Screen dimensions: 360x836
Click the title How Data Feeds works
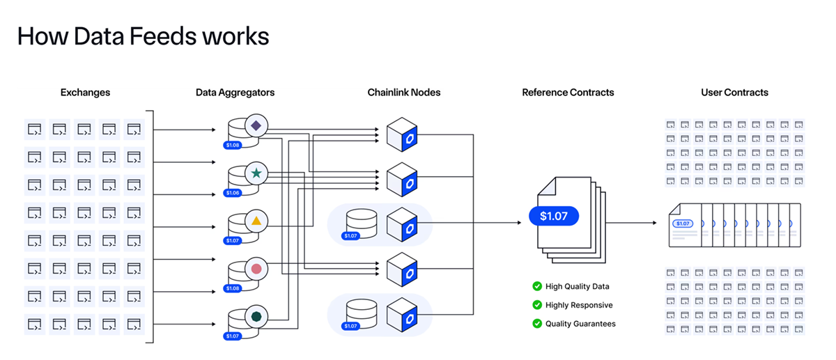coord(143,36)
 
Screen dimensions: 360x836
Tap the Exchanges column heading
coord(85,92)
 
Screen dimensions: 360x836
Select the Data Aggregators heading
coord(235,92)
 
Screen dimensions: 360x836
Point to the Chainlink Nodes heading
coord(404,92)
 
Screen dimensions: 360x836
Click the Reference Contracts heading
coord(568,92)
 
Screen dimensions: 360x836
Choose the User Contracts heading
coord(734,92)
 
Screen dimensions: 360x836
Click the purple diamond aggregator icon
coord(256,126)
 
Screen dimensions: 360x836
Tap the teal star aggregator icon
coord(256,173)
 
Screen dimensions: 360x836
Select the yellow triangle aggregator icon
coord(256,221)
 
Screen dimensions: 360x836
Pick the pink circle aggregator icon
coord(256,268)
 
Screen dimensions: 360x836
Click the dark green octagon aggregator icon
coord(256,316)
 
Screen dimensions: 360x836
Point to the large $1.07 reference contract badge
coord(553,216)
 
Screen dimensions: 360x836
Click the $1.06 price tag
coord(233,193)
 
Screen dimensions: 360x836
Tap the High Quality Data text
coord(577,286)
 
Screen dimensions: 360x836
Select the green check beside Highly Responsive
coord(537,305)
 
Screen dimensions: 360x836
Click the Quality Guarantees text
coord(580,324)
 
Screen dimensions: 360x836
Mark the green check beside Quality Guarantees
coord(537,324)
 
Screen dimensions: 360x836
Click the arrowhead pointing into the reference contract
coord(519,223)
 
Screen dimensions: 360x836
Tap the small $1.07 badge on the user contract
coord(682,224)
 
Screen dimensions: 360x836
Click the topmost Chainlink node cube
coord(402,134)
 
